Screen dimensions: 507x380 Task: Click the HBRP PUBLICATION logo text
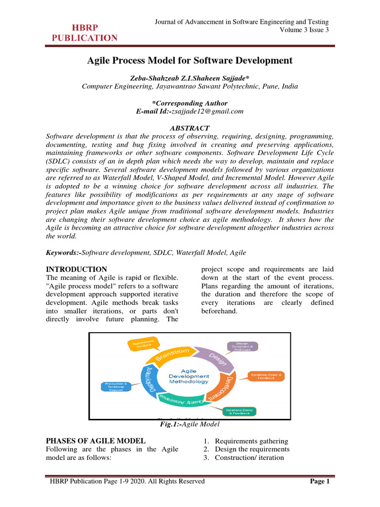coord(85,33)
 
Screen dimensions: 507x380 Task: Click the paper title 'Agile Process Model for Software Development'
coord(190,60)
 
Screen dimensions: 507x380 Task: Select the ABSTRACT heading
coord(190,128)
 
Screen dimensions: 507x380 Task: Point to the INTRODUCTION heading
coord(76,269)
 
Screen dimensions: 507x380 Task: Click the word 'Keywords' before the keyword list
coord(62,253)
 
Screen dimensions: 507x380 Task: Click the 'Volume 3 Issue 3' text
coord(304,30)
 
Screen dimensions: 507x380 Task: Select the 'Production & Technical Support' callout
coord(116,387)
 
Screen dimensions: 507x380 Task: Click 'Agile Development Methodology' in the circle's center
coord(189,376)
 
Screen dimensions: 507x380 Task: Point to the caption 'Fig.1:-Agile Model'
coord(190,424)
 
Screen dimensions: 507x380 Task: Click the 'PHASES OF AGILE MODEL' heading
coord(95,441)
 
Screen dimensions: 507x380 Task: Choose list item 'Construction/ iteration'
coord(249,457)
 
